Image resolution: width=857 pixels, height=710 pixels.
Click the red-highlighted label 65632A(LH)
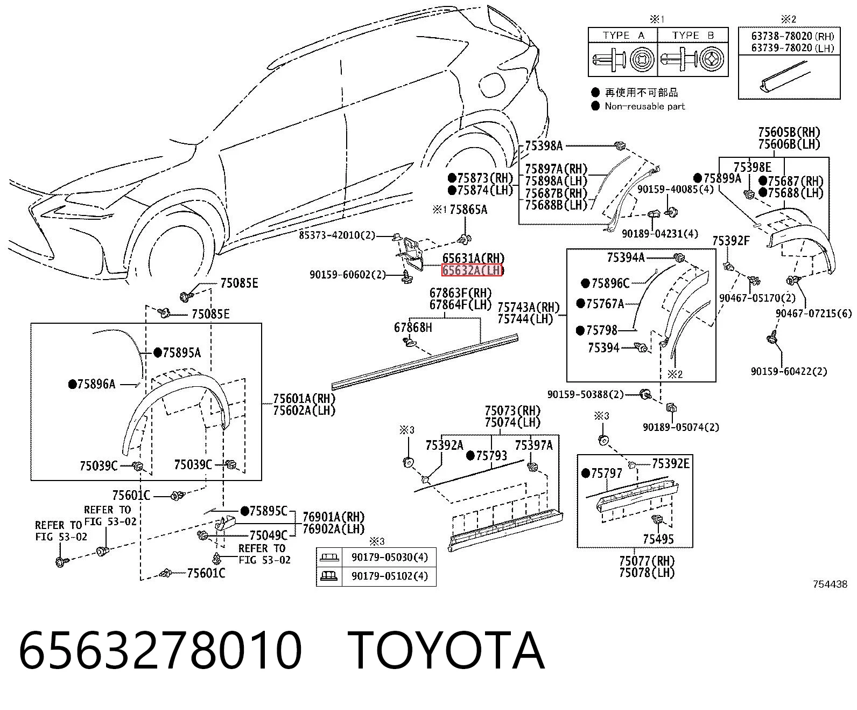point(472,270)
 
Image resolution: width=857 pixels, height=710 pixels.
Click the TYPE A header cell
point(623,36)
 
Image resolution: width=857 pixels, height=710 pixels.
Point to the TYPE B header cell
point(693,36)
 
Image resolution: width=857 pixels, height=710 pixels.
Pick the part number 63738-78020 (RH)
point(792,36)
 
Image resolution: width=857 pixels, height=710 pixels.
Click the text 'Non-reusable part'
point(645,107)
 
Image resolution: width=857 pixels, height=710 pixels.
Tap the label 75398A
point(544,146)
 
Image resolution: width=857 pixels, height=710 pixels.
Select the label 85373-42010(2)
point(337,235)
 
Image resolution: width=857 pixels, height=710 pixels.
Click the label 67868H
point(413,328)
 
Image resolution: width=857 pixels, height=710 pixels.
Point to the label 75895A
point(182,352)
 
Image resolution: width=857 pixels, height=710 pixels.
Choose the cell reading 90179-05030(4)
point(390,557)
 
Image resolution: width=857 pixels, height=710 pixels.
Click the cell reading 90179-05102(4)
point(390,576)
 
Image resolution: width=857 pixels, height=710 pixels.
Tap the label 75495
point(658,539)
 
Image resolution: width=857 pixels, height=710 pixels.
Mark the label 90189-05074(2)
point(681,427)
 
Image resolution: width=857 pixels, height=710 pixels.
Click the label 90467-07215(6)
point(813,314)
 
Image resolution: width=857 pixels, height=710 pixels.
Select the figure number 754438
point(830,584)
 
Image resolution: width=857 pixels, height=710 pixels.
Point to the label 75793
point(491,456)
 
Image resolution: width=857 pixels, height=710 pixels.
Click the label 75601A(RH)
point(304,399)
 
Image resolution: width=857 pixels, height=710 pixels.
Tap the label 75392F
point(731,241)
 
